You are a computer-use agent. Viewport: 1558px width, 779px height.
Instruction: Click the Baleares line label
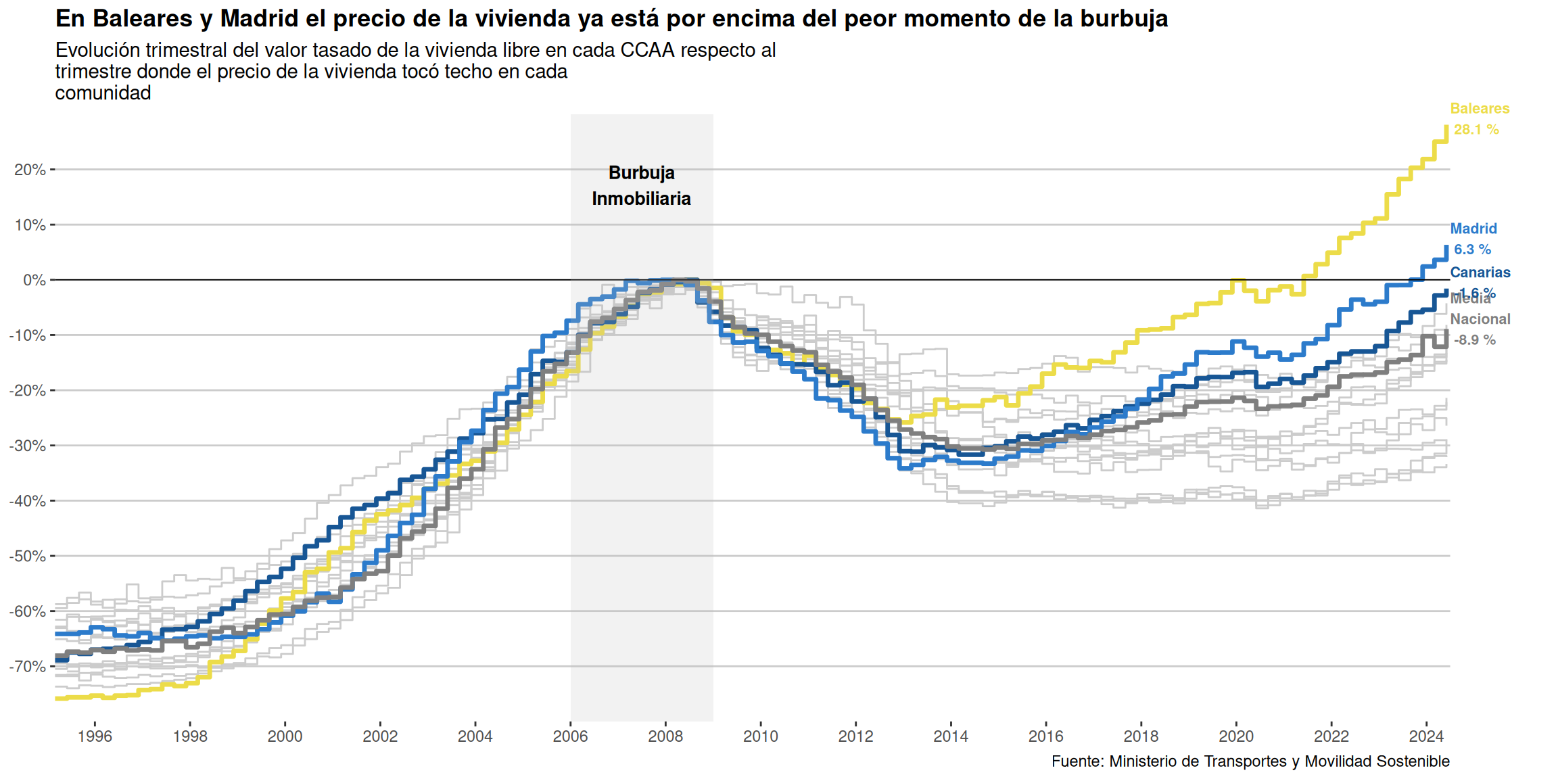1480,109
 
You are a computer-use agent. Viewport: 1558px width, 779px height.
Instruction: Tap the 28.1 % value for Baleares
1476,129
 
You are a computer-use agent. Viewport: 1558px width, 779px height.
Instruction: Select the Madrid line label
1473,229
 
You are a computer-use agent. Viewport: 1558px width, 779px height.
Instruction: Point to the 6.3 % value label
1472,250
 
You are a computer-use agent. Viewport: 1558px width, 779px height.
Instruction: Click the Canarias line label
1480,273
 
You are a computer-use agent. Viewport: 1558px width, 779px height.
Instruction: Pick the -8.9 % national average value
1474,340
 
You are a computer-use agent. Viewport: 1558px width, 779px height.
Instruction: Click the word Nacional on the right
1480,319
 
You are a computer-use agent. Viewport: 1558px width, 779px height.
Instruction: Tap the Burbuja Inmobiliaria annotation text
641,186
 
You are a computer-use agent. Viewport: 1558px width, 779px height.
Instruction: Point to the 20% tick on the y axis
30,170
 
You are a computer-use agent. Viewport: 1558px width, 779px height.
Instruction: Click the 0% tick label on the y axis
34,280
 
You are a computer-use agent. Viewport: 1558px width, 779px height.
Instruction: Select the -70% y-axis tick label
27,667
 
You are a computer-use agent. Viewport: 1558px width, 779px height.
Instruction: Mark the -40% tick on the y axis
27,501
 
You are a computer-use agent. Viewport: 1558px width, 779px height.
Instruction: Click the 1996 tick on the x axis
95,736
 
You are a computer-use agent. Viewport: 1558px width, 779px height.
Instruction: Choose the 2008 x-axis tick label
665,736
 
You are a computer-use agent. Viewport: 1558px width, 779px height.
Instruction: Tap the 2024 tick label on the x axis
1426,736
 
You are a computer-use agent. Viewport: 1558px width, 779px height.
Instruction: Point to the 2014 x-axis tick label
951,736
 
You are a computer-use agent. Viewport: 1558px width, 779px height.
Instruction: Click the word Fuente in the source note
1077,761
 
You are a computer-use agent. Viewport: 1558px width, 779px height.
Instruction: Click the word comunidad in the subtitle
103,93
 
